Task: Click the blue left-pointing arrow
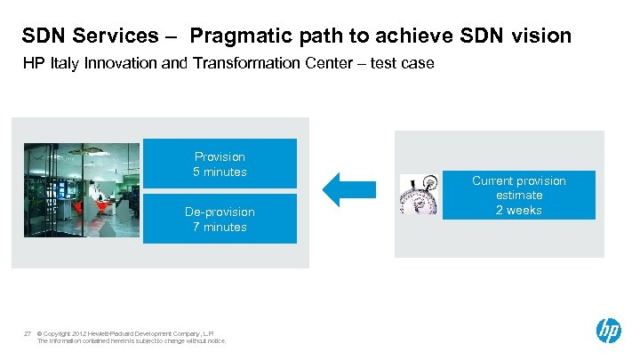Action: point(339,188)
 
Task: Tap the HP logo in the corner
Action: point(608,331)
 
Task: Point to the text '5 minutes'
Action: point(220,172)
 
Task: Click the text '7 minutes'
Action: point(220,228)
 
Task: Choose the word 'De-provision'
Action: point(220,212)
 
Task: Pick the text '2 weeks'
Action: point(518,210)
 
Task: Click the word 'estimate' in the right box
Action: point(519,196)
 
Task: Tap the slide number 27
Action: point(28,332)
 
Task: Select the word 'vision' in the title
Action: point(540,37)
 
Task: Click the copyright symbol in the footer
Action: point(41,332)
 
